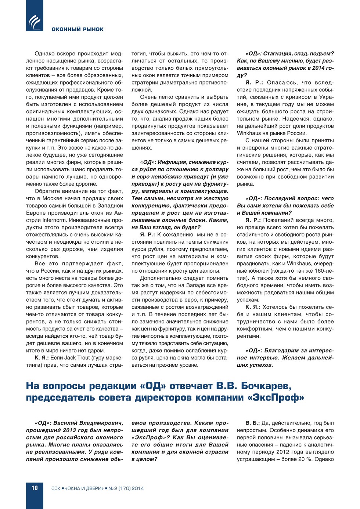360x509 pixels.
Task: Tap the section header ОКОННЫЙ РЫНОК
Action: click(x=78, y=29)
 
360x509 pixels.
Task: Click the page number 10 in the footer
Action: click(x=35, y=488)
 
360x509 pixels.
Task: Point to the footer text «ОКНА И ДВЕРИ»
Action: click(x=85, y=488)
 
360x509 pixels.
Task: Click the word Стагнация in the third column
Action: click(x=277, y=54)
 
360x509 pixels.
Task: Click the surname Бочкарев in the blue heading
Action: click(x=266, y=386)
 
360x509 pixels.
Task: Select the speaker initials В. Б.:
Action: click(x=252, y=423)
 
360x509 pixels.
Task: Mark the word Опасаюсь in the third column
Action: click(x=281, y=83)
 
